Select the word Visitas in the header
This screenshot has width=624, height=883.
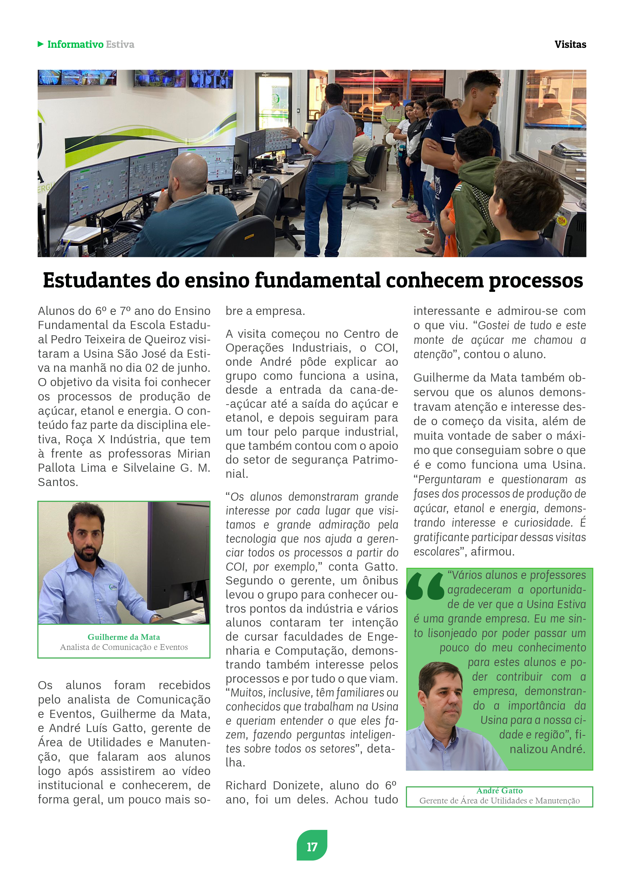(x=570, y=45)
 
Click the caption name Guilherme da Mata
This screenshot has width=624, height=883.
(x=124, y=637)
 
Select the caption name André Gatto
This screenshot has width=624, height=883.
(x=499, y=791)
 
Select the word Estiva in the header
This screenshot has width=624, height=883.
(x=120, y=45)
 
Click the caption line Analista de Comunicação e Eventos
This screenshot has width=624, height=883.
(x=124, y=647)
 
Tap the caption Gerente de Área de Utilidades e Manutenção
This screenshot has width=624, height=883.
(x=499, y=801)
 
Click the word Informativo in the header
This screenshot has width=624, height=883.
(x=75, y=45)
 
